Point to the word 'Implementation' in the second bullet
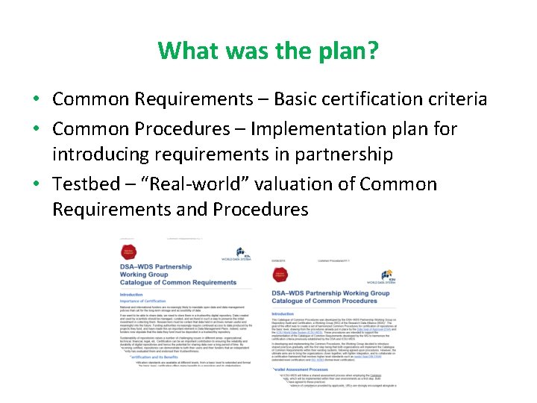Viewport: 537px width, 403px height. [x=329, y=129]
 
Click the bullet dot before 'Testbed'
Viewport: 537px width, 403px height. [x=37, y=184]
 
